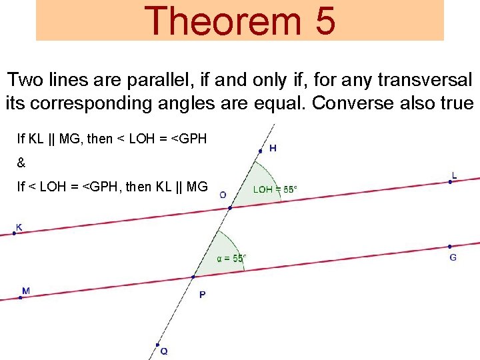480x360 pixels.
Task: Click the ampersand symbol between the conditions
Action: pos(21,163)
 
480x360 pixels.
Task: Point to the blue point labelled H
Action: pos(260,151)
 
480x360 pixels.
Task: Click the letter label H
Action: pos(273,148)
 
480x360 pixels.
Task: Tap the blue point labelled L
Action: pos(451,181)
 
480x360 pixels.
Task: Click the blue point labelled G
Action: pos(450,246)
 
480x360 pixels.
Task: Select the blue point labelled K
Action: pos(15,233)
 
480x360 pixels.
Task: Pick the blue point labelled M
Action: pos(21,297)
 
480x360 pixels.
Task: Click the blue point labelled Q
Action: pos(157,345)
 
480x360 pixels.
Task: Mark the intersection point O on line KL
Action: pos(230,208)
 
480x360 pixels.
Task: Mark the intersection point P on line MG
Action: pos(193,277)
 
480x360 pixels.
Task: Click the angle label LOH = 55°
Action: pos(275,189)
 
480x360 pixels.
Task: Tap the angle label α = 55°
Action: pos(231,258)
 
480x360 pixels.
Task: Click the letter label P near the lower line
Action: pos(202,294)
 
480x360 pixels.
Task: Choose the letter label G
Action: pos(453,257)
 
